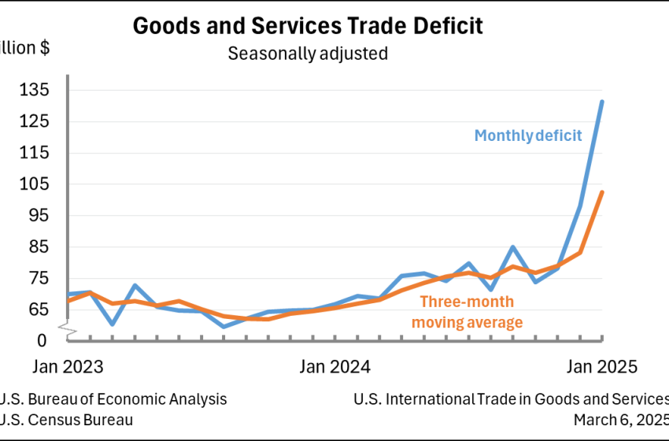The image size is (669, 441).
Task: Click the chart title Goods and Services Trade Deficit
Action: tap(308, 25)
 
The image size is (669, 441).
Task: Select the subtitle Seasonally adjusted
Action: tap(308, 54)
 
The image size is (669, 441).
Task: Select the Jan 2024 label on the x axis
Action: tap(335, 367)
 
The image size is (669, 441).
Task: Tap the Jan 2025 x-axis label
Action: tap(602, 367)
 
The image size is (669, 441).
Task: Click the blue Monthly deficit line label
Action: tap(528, 135)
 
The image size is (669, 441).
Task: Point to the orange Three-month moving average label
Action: tap(467, 312)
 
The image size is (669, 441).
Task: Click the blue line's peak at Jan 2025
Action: tap(602, 102)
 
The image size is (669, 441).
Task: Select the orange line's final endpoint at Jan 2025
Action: tap(602, 192)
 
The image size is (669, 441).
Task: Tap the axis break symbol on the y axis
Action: tap(68, 324)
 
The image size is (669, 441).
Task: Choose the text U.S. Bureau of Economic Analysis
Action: tap(114, 399)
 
